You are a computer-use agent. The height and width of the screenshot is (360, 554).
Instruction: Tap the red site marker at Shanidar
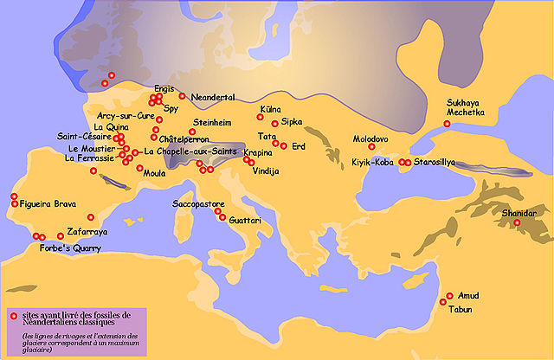pyautogui.click(x=517, y=223)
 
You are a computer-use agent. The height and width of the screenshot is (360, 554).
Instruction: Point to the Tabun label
pyautogui.click(x=461, y=308)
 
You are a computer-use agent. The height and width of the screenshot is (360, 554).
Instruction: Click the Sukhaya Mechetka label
pyautogui.click(x=467, y=107)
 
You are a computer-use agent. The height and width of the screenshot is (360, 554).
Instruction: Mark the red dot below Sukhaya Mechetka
pyautogui.click(x=447, y=124)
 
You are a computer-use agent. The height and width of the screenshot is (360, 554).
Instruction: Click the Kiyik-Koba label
pyautogui.click(x=373, y=162)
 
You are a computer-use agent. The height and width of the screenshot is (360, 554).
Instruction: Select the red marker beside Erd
pyautogui.click(x=282, y=145)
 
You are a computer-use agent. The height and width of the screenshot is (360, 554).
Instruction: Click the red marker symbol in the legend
pyautogui.click(x=12, y=315)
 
